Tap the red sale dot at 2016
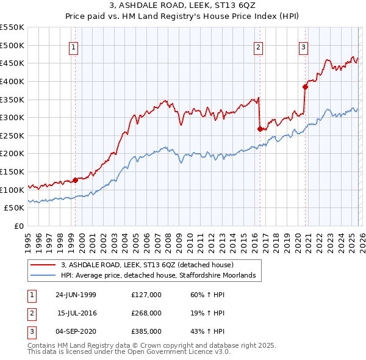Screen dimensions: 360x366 click(x=260, y=129)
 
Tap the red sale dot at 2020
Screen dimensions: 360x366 click(x=305, y=87)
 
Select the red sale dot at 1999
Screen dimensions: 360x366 click(x=76, y=180)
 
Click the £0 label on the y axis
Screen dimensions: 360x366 click(x=19, y=226)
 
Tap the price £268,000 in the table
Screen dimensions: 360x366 click(x=146, y=313)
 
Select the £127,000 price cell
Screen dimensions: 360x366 click(x=146, y=295)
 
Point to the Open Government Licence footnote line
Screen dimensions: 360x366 click(x=120, y=352)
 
